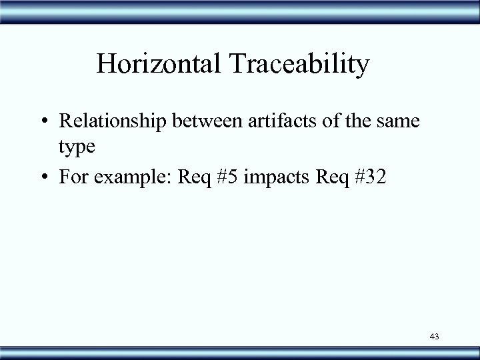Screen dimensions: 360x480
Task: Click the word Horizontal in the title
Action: (x=160, y=65)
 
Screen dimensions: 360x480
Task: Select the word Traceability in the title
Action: (x=299, y=65)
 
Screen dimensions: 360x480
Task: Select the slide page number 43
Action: (x=435, y=337)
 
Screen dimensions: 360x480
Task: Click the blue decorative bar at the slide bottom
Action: (x=240, y=351)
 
